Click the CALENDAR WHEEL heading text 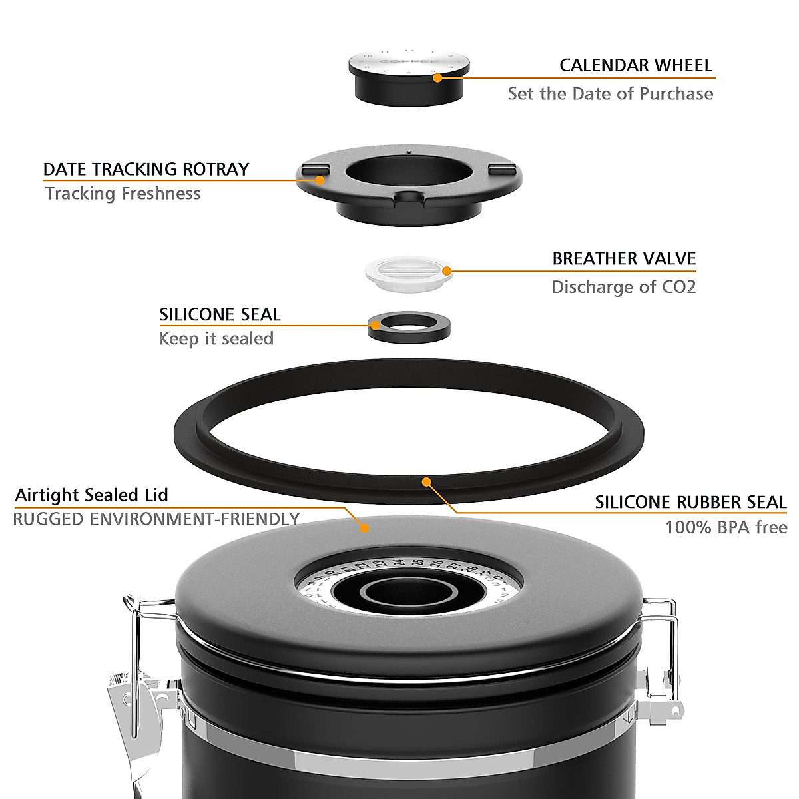pyautogui.click(x=635, y=65)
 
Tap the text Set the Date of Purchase pyautogui.click(x=610, y=93)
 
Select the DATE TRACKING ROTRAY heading pyautogui.click(x=146, y=169)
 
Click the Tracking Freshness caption pyautogui.click(x=123, y=194)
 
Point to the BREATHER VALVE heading pyautogui.click(x=624, y=258)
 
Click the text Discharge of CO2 pyautogui.click(x=623, y=287)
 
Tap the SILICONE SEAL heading pyautogui.click(x=220, y=314)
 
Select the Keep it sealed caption pyautogui.click(x=216, y=339)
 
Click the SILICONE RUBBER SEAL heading pyautogui.click(x=690, y=502)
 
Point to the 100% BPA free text pyautogui.click(x=726, y=528)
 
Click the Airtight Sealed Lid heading pyautogui.click(x=91, y=495)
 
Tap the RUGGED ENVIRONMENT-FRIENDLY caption pyautogui.click(x=156, y=519)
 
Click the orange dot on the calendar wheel pyautogui.click(x=437, y=77)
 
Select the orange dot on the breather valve pyautogui.click(x=447, y=271)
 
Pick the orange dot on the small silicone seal pyautogui.click(x=376, y=326)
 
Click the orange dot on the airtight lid pyautogui.click(x=364, y=528)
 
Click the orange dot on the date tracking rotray pyautogui.click(x=320, y=180)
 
